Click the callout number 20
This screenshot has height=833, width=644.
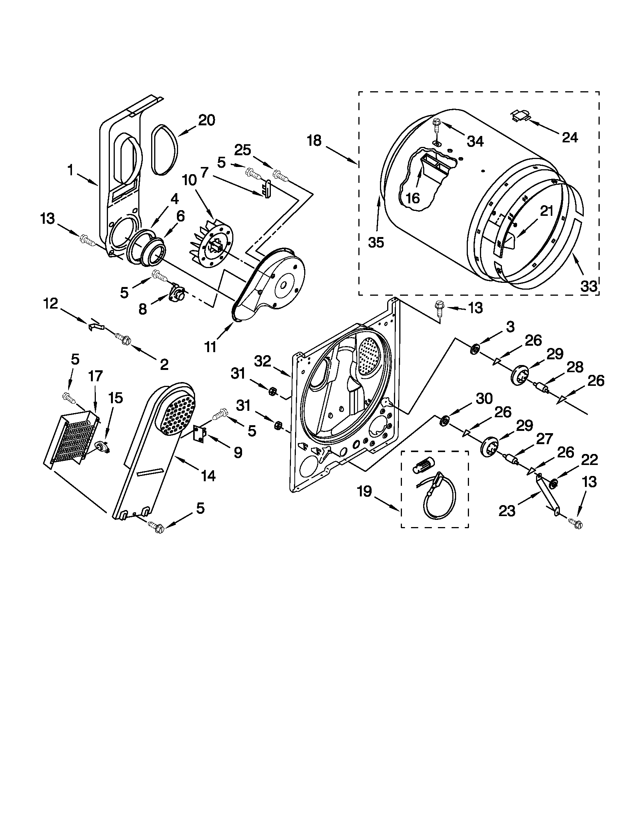206,120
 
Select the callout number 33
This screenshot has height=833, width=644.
588,286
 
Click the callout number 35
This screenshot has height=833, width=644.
376,242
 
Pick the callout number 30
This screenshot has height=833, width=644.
484,399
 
